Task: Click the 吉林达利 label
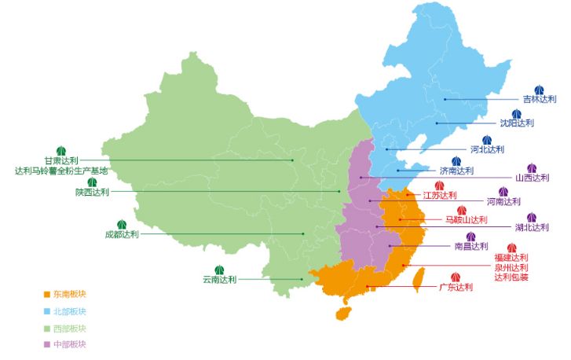539,100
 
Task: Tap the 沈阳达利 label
517,123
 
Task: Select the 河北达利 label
487,149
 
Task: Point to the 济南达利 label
456,171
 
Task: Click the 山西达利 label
532,178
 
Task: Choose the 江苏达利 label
439,195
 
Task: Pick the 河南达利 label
503,201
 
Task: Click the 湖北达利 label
532,227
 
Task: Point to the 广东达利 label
456,287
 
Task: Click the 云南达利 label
219,279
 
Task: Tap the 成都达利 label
122,234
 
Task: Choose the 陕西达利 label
92,192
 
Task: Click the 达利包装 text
511,277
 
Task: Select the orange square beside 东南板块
47,294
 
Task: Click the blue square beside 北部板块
47,311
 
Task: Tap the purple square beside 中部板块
47,344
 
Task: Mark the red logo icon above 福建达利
511,248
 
